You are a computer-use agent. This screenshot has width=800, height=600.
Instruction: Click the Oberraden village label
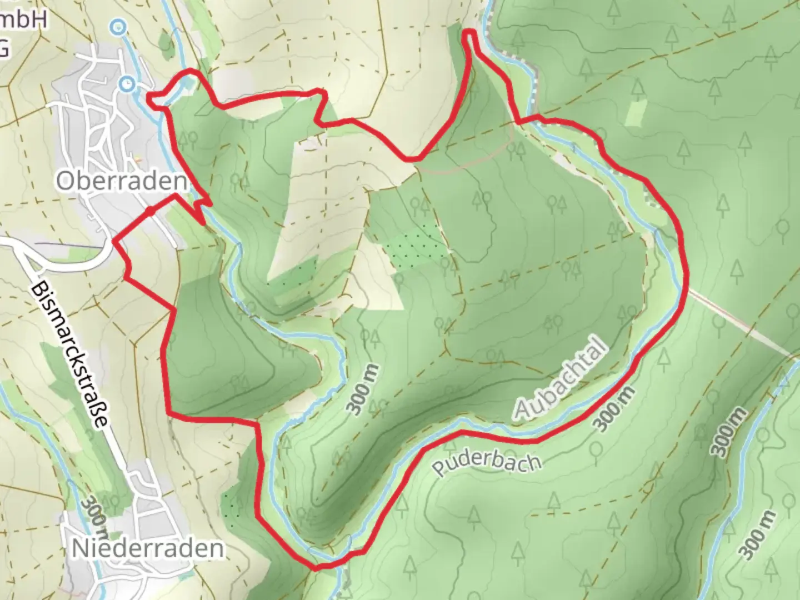121,181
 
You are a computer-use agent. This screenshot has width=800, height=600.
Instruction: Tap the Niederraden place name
148,548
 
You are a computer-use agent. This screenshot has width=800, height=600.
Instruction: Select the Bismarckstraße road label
69,356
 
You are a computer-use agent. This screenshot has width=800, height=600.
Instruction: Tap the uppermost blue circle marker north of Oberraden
118,26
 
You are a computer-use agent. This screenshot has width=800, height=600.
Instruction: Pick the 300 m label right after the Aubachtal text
613,409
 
